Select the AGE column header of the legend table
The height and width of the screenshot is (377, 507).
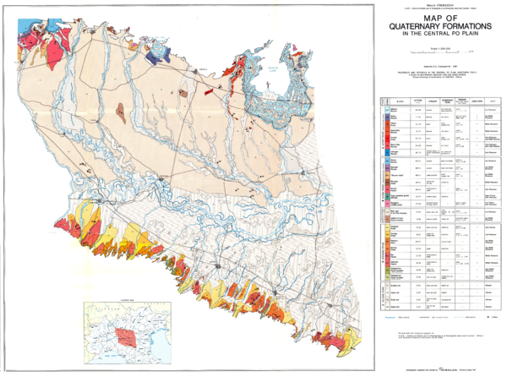pyautogui.click(x=491, y=101)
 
